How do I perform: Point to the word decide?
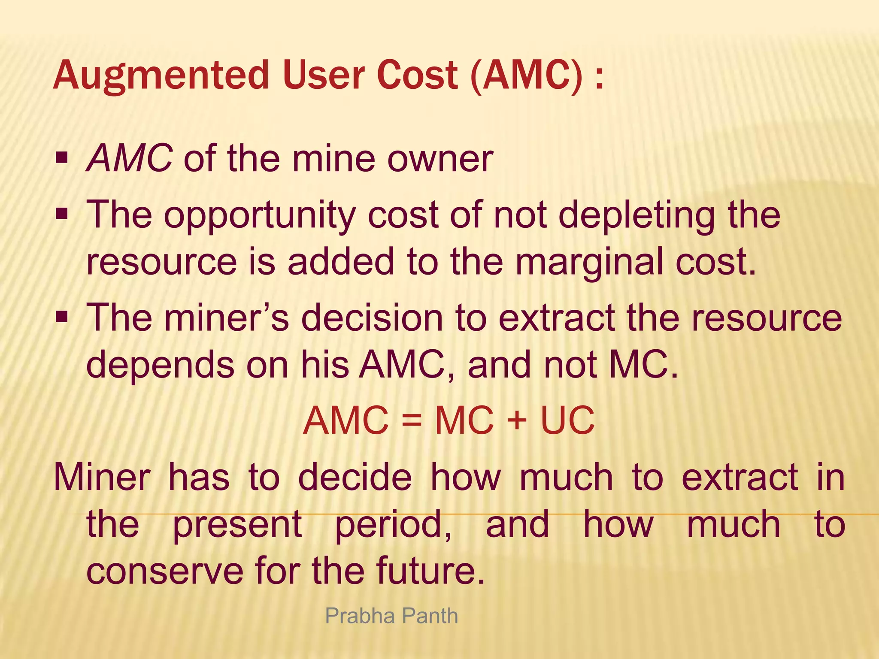tap(355, 477)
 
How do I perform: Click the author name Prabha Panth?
tap(391, 616)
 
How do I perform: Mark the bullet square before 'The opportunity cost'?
tap(62, 213)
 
